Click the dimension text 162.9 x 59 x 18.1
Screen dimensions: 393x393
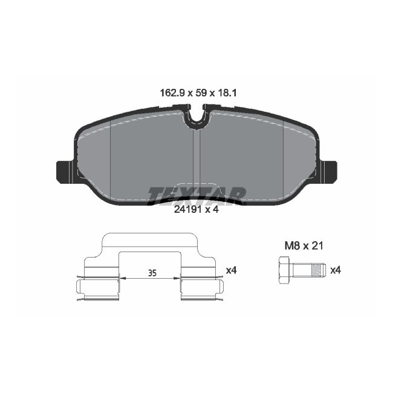click(x=196, y=93)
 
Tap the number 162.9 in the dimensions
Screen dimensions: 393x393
click(x=171, y=93)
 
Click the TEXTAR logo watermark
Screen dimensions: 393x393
click(x=197, y=193)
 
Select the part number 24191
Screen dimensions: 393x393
click(x=186, y=210)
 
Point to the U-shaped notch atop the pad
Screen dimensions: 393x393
click(x=196, y=118)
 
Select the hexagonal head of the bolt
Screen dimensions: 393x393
click(x=286, y=270)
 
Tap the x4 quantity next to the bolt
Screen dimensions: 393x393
click(x=336, y=270)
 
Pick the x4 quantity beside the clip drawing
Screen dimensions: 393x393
click(x=230, y=270)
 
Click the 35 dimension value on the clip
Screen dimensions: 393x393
click(x=152, y=274)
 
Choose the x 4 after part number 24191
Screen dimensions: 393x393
click(x=212, y=210)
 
